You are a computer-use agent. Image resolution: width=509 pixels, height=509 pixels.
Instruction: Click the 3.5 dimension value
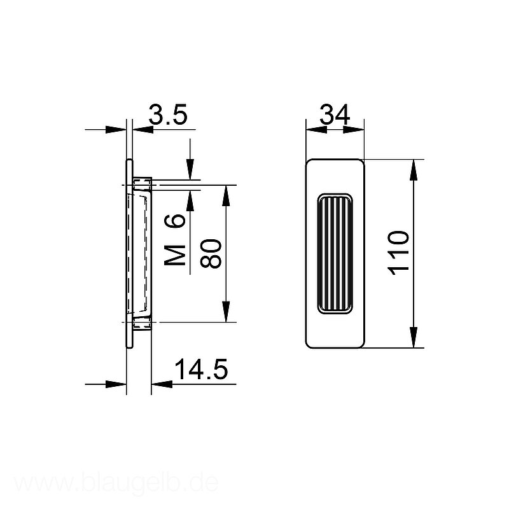click(x=168, y=115)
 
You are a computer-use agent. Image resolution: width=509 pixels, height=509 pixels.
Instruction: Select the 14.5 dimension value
click(x=201, y=369)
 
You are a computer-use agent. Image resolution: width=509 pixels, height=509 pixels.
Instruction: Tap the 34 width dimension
click(x=335, y=115)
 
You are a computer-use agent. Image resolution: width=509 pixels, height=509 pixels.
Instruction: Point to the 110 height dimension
click(x=398, y=253)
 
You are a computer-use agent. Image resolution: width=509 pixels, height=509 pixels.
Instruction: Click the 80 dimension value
click(x=211, y=253)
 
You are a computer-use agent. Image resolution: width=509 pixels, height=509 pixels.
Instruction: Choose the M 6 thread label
click(x=175, y=240)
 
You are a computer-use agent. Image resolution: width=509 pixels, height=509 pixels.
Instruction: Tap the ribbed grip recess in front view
click(x=335, y=254)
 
